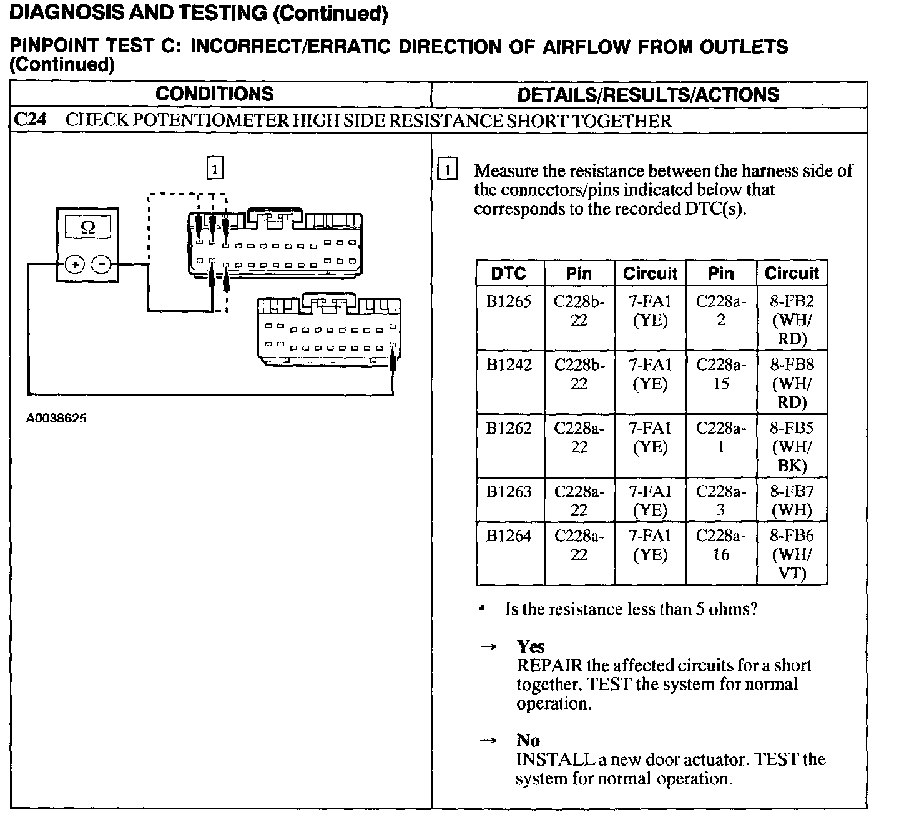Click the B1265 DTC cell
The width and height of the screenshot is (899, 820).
point(509,302)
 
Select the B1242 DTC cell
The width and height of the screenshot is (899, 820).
point(509,365)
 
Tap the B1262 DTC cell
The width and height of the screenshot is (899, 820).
point(509,429)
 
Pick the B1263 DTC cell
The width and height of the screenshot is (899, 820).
point(509,492)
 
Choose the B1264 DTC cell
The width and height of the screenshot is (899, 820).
point(509,536)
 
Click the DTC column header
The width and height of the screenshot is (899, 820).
point(509,273)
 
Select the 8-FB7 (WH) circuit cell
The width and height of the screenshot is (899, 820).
point(792,500)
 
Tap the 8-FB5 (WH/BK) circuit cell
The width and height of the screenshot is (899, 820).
point(792,446)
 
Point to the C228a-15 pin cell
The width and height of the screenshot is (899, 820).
point(720,374)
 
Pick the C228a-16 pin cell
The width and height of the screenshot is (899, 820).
point(720,545)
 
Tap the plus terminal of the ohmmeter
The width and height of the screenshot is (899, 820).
point(74,265)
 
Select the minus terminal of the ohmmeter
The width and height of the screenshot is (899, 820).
point(102,265)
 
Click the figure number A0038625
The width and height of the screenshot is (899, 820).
point(56,419)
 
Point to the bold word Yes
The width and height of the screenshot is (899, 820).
point(531,647)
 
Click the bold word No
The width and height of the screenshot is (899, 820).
point(528,741)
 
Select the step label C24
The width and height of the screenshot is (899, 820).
point(30,120)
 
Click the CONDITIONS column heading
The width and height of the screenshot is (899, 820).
point(214,94)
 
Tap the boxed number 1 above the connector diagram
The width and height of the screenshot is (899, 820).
point(214,168)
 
